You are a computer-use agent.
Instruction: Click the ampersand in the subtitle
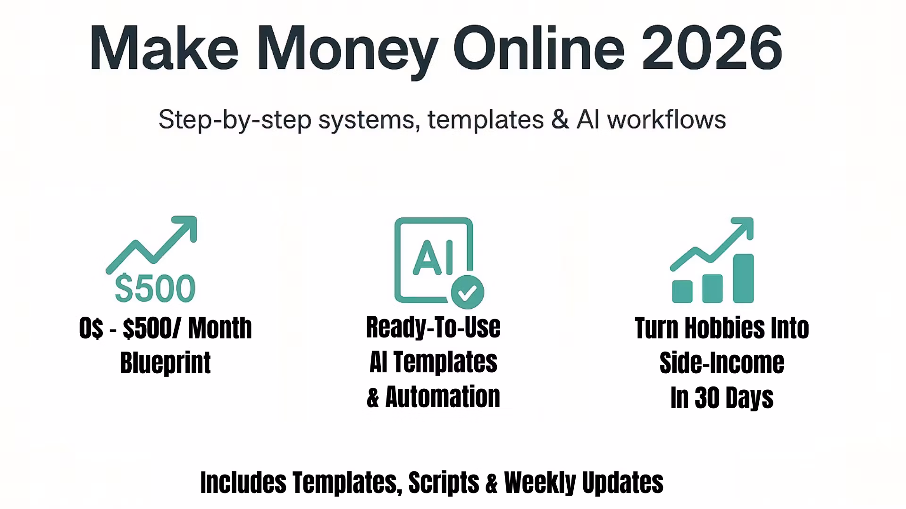560,119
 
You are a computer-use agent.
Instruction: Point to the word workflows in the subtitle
666,119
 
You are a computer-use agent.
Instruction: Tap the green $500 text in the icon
155,288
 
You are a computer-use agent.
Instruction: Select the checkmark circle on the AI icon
468,292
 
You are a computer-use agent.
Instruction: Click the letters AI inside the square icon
433,258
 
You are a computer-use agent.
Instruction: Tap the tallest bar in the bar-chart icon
743,278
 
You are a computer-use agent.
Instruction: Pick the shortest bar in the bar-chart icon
682,291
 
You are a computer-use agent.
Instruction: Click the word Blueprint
166,362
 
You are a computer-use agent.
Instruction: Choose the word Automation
443,396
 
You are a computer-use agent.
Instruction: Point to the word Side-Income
722,362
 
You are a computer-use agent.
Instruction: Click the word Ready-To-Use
433,328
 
